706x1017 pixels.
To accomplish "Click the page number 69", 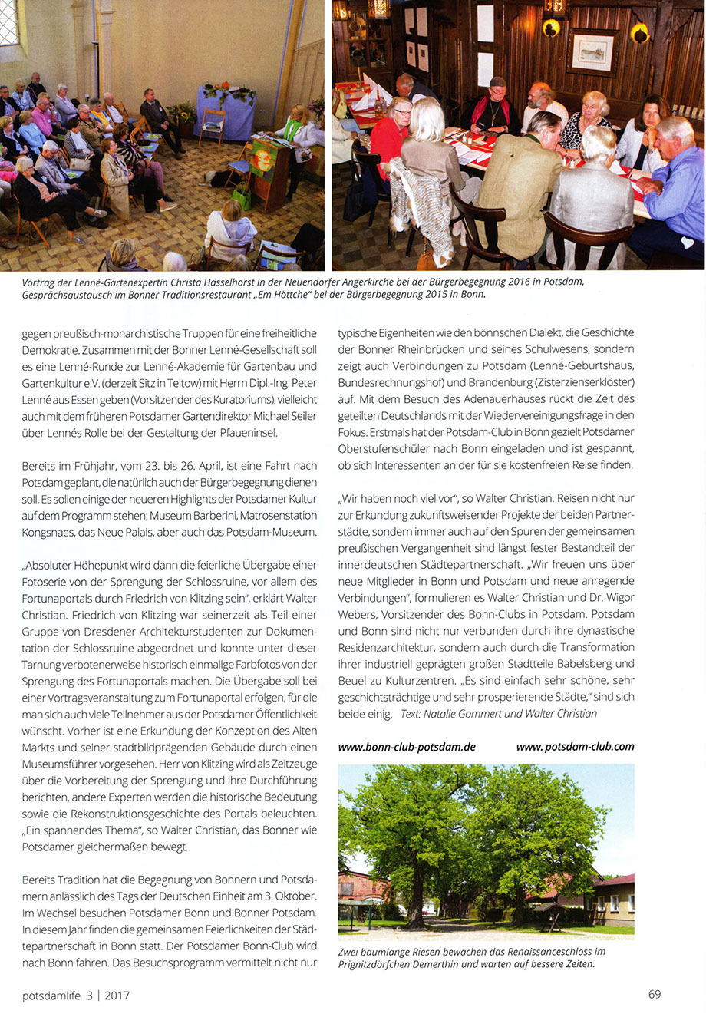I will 654,995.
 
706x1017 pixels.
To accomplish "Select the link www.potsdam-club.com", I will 575,746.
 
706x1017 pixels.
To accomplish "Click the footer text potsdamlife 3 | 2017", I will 76,996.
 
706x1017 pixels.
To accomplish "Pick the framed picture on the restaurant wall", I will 592,51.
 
